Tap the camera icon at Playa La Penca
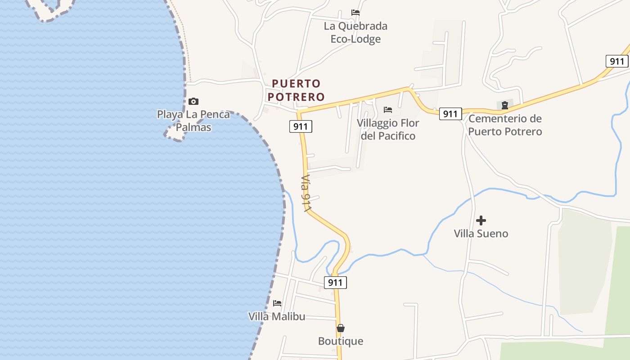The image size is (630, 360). click(x=193, y=101)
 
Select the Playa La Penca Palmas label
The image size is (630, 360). click(x=193, y=121)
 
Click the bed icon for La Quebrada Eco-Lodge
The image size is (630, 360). click(x=355, y=13)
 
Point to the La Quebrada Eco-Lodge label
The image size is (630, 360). click(x=355, y=32)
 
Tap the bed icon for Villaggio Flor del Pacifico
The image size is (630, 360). click(x=388, y=110)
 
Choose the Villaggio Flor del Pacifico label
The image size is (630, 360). click(x=388, y=129)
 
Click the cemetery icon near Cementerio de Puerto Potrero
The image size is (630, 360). click(x=505, y=105)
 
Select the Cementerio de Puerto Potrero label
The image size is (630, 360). click(x=505, y=125)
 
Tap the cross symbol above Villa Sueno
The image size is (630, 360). click(x=481, y=220)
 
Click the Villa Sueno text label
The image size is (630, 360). click(x=481, y=234)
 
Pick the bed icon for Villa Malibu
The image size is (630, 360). click(x=277, y=303)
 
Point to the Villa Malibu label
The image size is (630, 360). click(x=277, y=316)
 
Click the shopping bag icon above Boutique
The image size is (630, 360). click(x=341, y=328)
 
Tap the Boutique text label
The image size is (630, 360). click(x=341, y=341)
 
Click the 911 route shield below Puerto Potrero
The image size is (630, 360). click(x=301, y=126)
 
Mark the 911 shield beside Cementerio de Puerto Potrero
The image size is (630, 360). click(x=450, y=114)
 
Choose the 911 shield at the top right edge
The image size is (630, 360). click(x=617, y=61)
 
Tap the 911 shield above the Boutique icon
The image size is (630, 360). click(x=335, y=283)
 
